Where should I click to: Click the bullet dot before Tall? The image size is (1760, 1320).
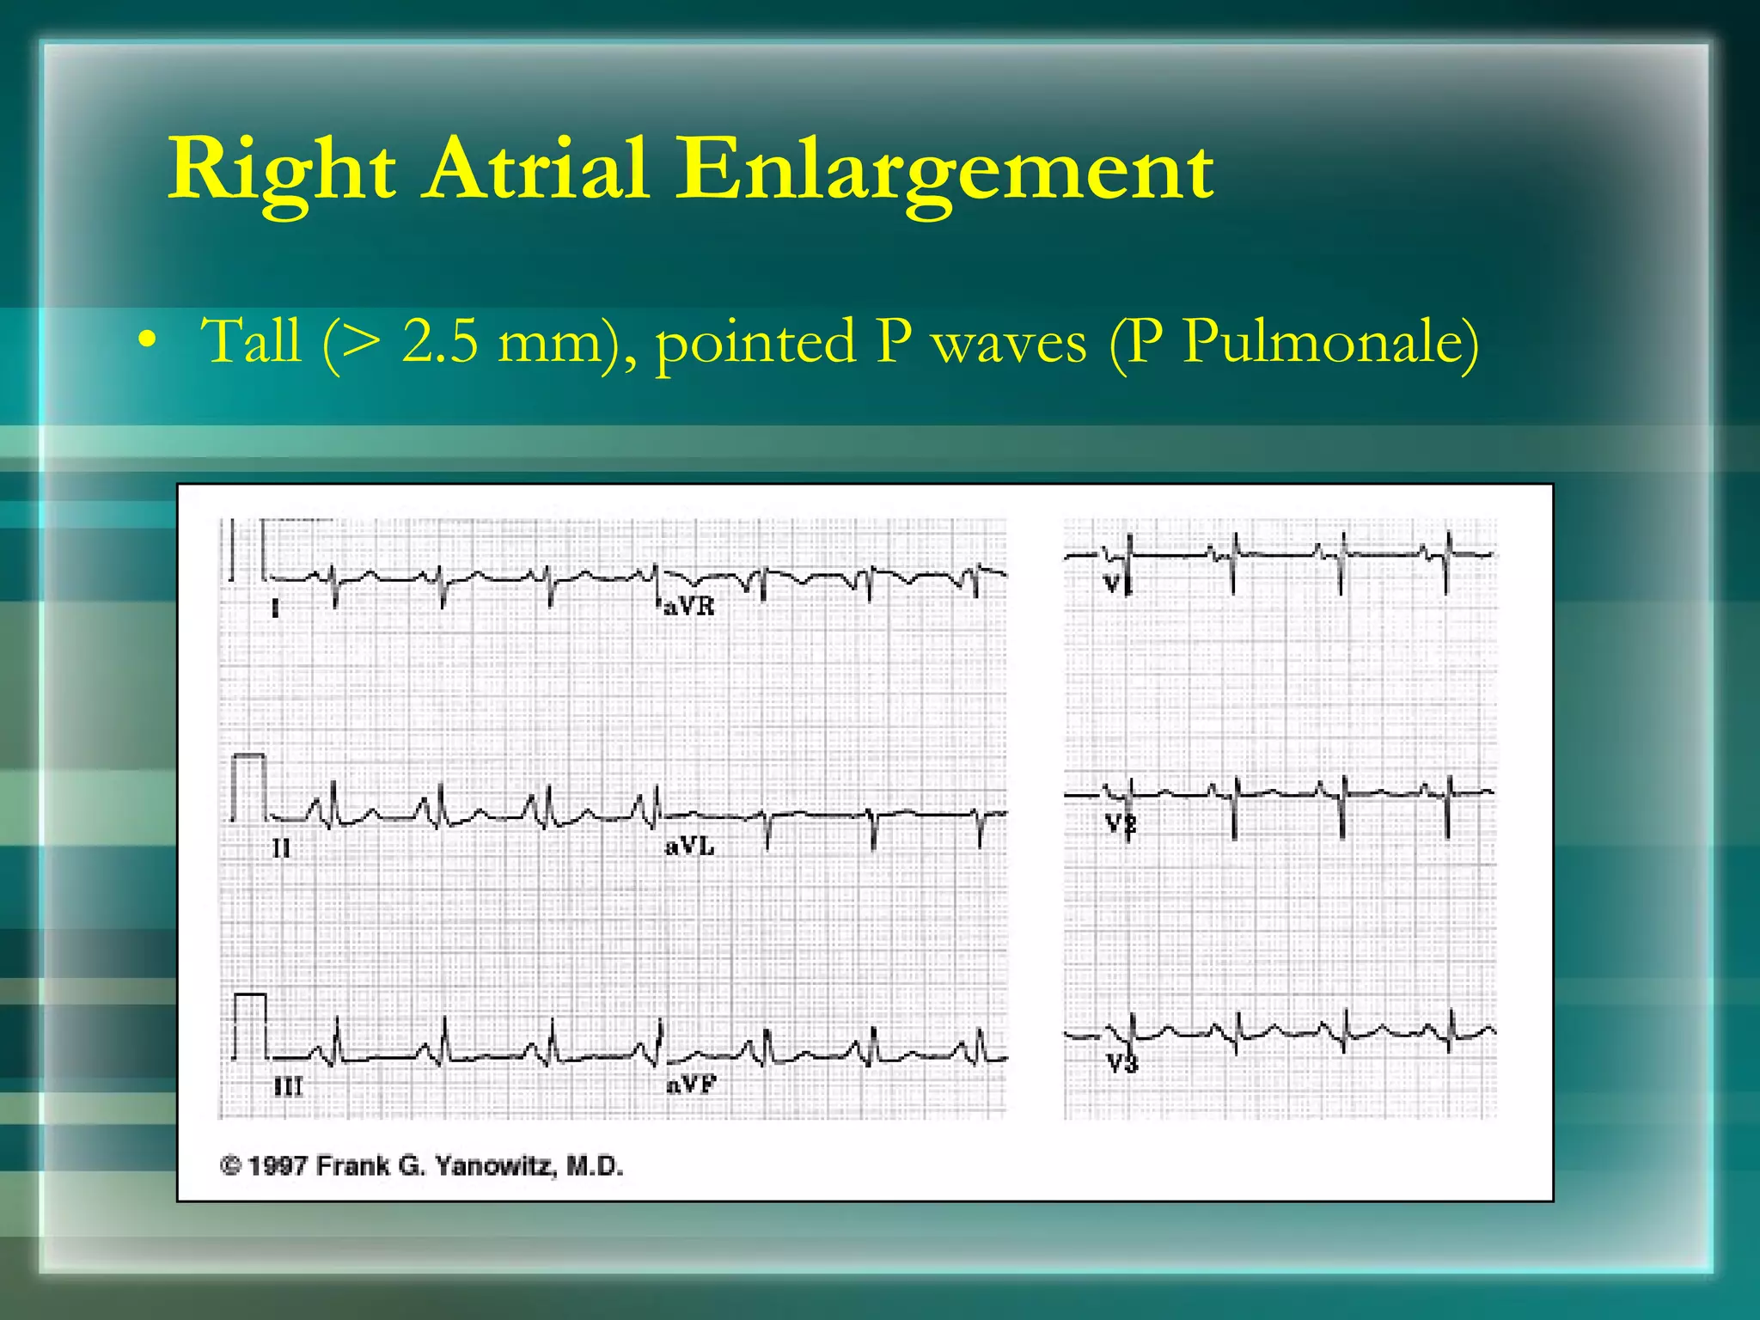coord(148,340)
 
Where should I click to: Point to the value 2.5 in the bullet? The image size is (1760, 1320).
coord(439,341)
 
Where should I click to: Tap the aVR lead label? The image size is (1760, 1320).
coord(689,607)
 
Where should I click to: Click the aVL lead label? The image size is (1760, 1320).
coord(689,847)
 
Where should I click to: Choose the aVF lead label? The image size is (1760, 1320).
coord(691,1085)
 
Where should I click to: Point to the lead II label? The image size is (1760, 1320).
coord(281,849)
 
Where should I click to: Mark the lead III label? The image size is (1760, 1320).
coord(288,1087)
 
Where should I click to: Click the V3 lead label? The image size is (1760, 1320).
coord(1121,1065)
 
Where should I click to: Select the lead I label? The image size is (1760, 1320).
coord(275,609)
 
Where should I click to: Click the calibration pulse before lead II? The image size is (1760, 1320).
coord(249,786)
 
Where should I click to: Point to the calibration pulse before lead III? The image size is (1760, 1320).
coord(250,1024)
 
